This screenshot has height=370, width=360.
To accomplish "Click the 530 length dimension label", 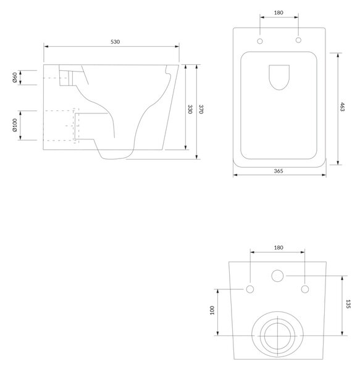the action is [x=115, y=42].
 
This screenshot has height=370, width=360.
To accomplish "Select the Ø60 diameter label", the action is [x=15, y=78].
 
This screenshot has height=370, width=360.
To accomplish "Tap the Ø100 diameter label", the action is [x=15, y=125].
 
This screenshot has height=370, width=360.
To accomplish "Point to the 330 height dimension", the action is [x=190, y=109].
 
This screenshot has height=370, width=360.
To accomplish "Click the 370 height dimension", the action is [x=201, y=109].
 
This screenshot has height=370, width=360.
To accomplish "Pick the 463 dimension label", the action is [x=342, y=107].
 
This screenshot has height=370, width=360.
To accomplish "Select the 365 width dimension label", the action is [x=278, y=171].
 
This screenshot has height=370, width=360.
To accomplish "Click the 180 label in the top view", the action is [x=278, y=12].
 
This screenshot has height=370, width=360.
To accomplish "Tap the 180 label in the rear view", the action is [x=278, y=247].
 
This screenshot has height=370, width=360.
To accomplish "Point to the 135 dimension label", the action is [x=348, y=304].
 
